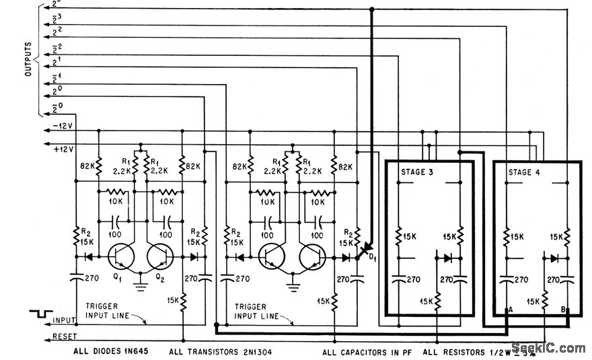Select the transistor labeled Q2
coord(159,256)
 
